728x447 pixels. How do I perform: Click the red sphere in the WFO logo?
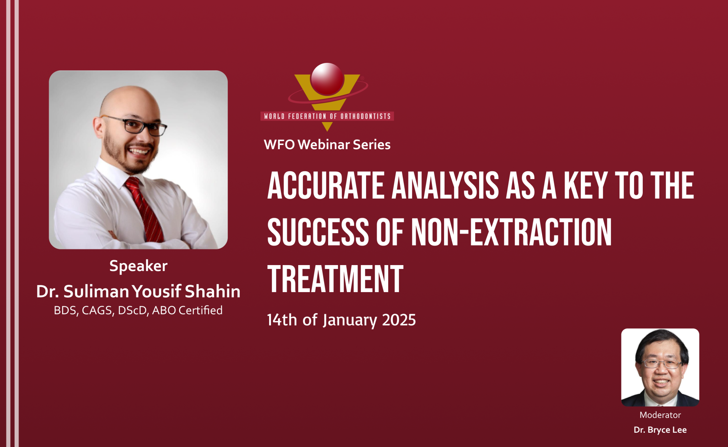pos(327,79)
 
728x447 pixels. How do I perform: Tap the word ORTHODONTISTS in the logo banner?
pos(365,116)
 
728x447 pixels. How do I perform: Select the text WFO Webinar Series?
pos(327,145)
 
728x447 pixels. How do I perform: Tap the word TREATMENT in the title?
pos(335,279)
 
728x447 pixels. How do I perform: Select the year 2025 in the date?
pos(399,320)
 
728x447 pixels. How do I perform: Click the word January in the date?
pos(350,320)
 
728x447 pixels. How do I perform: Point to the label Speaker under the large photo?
pos(138,266)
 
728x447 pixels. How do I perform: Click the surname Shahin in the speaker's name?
pos(213,291)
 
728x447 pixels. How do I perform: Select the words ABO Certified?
pos(187,310)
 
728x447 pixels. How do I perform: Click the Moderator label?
pos(660,415)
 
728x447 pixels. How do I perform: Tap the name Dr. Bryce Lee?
pos(660,430)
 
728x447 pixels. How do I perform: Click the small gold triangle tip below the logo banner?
pos(327,126)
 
